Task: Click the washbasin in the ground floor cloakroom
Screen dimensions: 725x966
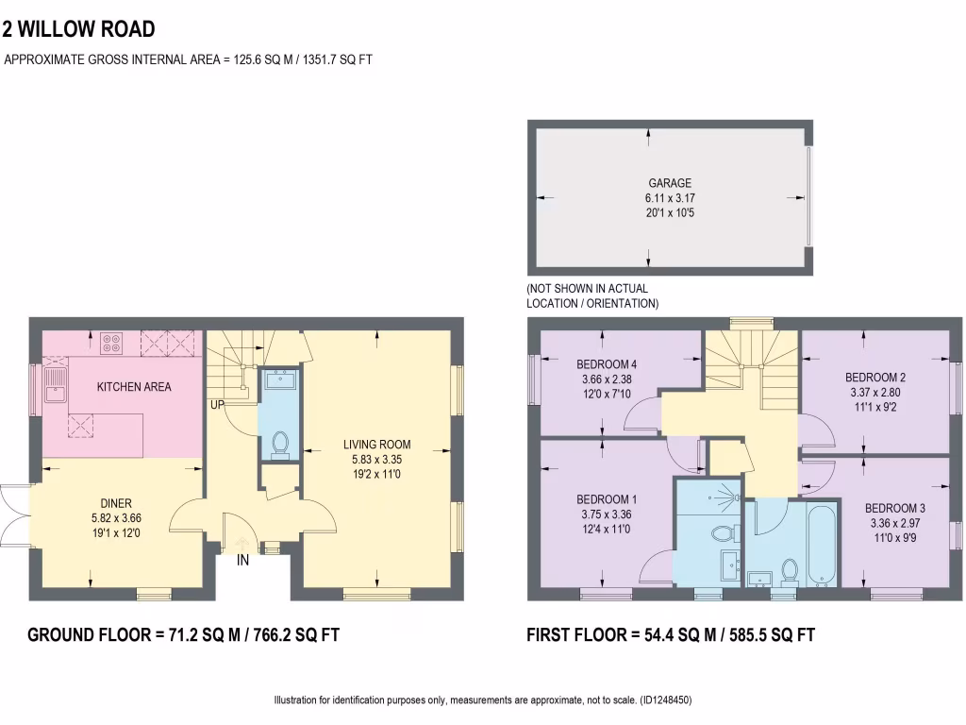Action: pyautogui.click(x=279, y=379)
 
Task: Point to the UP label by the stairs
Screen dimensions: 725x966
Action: pyautogui.click(x=218, y=405)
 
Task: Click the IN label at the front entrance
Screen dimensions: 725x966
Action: pyautogui.click(x=242, y=561)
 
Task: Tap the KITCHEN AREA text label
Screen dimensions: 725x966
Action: pyautogui.click(x=135, y=387)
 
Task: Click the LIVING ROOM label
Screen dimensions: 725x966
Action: pyautogui.click(x=376, y=445)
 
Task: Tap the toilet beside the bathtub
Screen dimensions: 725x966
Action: pyautogui.click(x=791, y=569)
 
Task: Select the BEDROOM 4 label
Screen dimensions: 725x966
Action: pyautogui.click(x=607, y=365)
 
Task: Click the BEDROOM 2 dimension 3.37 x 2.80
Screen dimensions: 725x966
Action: pyautogui.click(x=874, y=392)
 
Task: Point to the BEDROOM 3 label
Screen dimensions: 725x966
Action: pyautogui.click(x=894, y=508)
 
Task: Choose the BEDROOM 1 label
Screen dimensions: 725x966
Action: pyautogui.click(x=607, y=499)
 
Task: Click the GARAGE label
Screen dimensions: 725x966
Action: pyautogui.click(x=669, y=183)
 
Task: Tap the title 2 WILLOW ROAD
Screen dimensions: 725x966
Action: pyautogui.click(x=79, y=30)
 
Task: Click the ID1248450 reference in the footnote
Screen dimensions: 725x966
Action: pyautogui.click(x=666, y=700)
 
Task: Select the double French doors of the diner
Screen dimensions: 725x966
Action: pyautogui.click(x=13, y=517)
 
